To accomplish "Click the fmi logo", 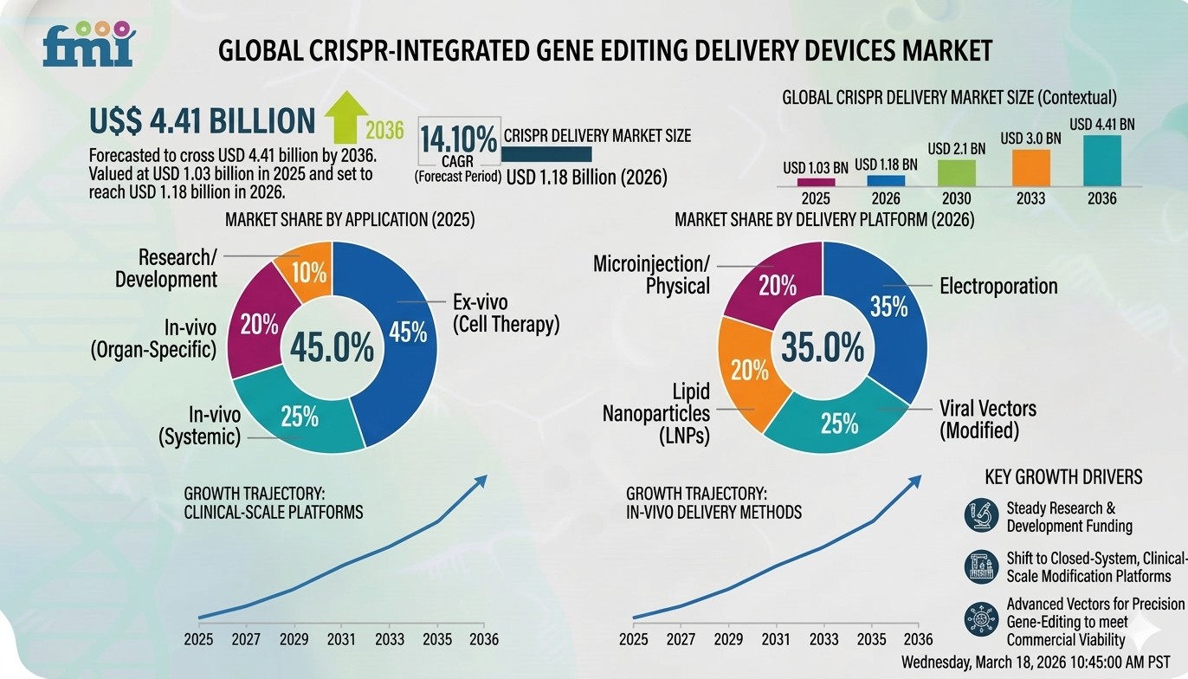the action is tap(88, 44).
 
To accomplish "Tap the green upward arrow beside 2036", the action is tap(345, 117).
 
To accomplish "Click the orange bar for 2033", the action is tap(1031, 168).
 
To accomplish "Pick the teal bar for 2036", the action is tap(1102, 161).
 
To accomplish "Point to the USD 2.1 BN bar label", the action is tap(957, 149).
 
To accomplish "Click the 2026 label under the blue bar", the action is tap(886, 198).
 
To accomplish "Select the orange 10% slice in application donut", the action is tap(307, 271).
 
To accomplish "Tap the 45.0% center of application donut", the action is tap(332, 347).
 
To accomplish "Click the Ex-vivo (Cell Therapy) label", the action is tap(506, 313).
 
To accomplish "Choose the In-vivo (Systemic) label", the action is tap(200, 426).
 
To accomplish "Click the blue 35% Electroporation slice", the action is tap(883, 313).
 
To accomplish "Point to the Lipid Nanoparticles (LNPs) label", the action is tap(656, 413).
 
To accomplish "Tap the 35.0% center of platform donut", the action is tap(823, 347).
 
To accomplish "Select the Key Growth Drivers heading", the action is tap(1063, 477).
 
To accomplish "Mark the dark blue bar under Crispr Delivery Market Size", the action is tap(546, 154).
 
